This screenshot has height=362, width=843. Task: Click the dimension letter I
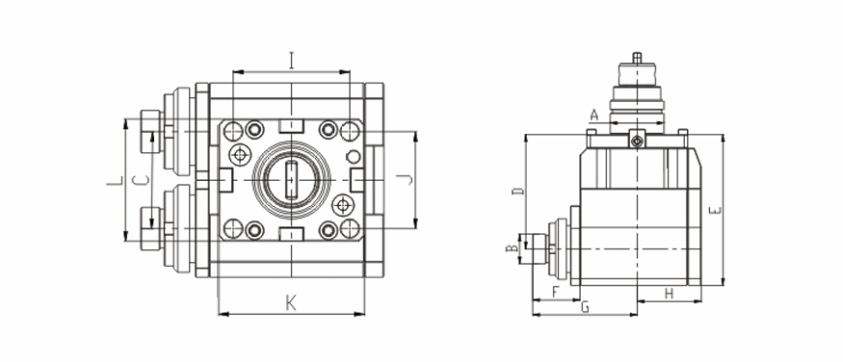click(x=291, y=60)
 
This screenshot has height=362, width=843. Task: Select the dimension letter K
click(x=291, y=303)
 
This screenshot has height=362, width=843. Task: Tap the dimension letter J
click(x=408, y=179)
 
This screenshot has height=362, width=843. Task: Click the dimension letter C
click(x=140, y=181)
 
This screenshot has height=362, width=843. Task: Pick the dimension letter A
click(x=593, y=115)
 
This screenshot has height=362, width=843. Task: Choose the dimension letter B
click(x=513, y=248)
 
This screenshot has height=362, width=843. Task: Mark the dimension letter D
click(x=517, y=191)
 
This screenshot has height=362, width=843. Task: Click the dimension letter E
click(x=715, y=210)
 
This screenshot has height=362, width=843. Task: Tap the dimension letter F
click(x=556, y=292)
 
